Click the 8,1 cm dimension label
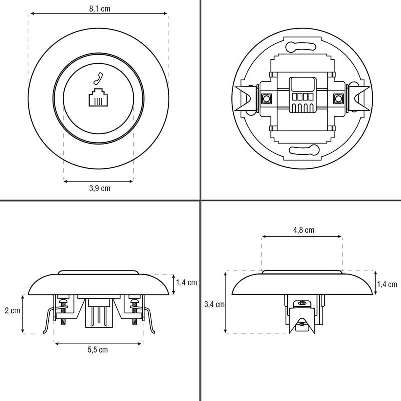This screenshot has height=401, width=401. point(100,9)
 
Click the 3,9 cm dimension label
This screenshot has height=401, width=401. point(100,188)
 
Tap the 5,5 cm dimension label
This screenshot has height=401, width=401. point(98,350)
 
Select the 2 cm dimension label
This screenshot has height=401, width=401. point(12,310)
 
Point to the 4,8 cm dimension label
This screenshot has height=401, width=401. point(304,230)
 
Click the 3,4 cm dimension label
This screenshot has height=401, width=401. point(214,304)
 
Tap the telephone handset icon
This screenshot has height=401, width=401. point(98,79)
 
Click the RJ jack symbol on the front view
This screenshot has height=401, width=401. point(98,97)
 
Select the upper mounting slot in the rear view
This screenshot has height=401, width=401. point(301,46)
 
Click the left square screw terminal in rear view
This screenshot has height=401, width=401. point(266,99)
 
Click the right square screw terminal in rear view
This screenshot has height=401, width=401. point(338,99)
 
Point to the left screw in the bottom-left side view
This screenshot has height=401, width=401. point(63,312)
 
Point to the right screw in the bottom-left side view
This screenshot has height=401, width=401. point(134,312)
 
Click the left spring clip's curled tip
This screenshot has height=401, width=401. point(44,332)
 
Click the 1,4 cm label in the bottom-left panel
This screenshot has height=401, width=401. point(186,282)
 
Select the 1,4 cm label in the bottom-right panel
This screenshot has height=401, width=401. point(387,284)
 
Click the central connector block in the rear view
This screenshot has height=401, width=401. point(303,95)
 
